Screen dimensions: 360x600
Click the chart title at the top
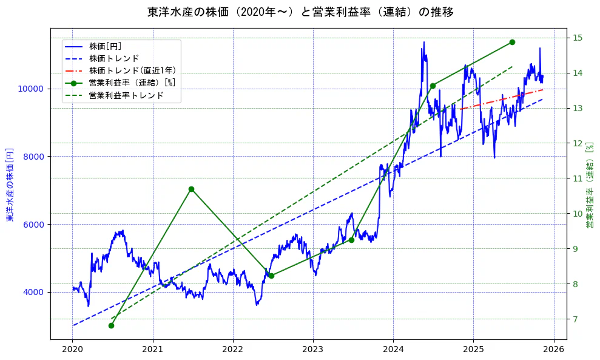click(300, 12)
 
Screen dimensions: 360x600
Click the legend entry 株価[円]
click(105, 46)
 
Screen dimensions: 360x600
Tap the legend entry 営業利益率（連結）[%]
click(132, 83)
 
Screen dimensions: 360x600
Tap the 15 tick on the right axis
click(577, 38)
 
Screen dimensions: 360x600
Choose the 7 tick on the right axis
click(575, 319)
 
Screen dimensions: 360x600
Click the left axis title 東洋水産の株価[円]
click(10, 183)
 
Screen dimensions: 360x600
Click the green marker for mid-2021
click(191, 189)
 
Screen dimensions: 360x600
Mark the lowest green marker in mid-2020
click(111, 325)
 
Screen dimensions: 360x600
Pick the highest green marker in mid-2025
click(512, 42)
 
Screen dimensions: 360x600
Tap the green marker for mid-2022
click(271, 276)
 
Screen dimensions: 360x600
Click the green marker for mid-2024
click(433, 86)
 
